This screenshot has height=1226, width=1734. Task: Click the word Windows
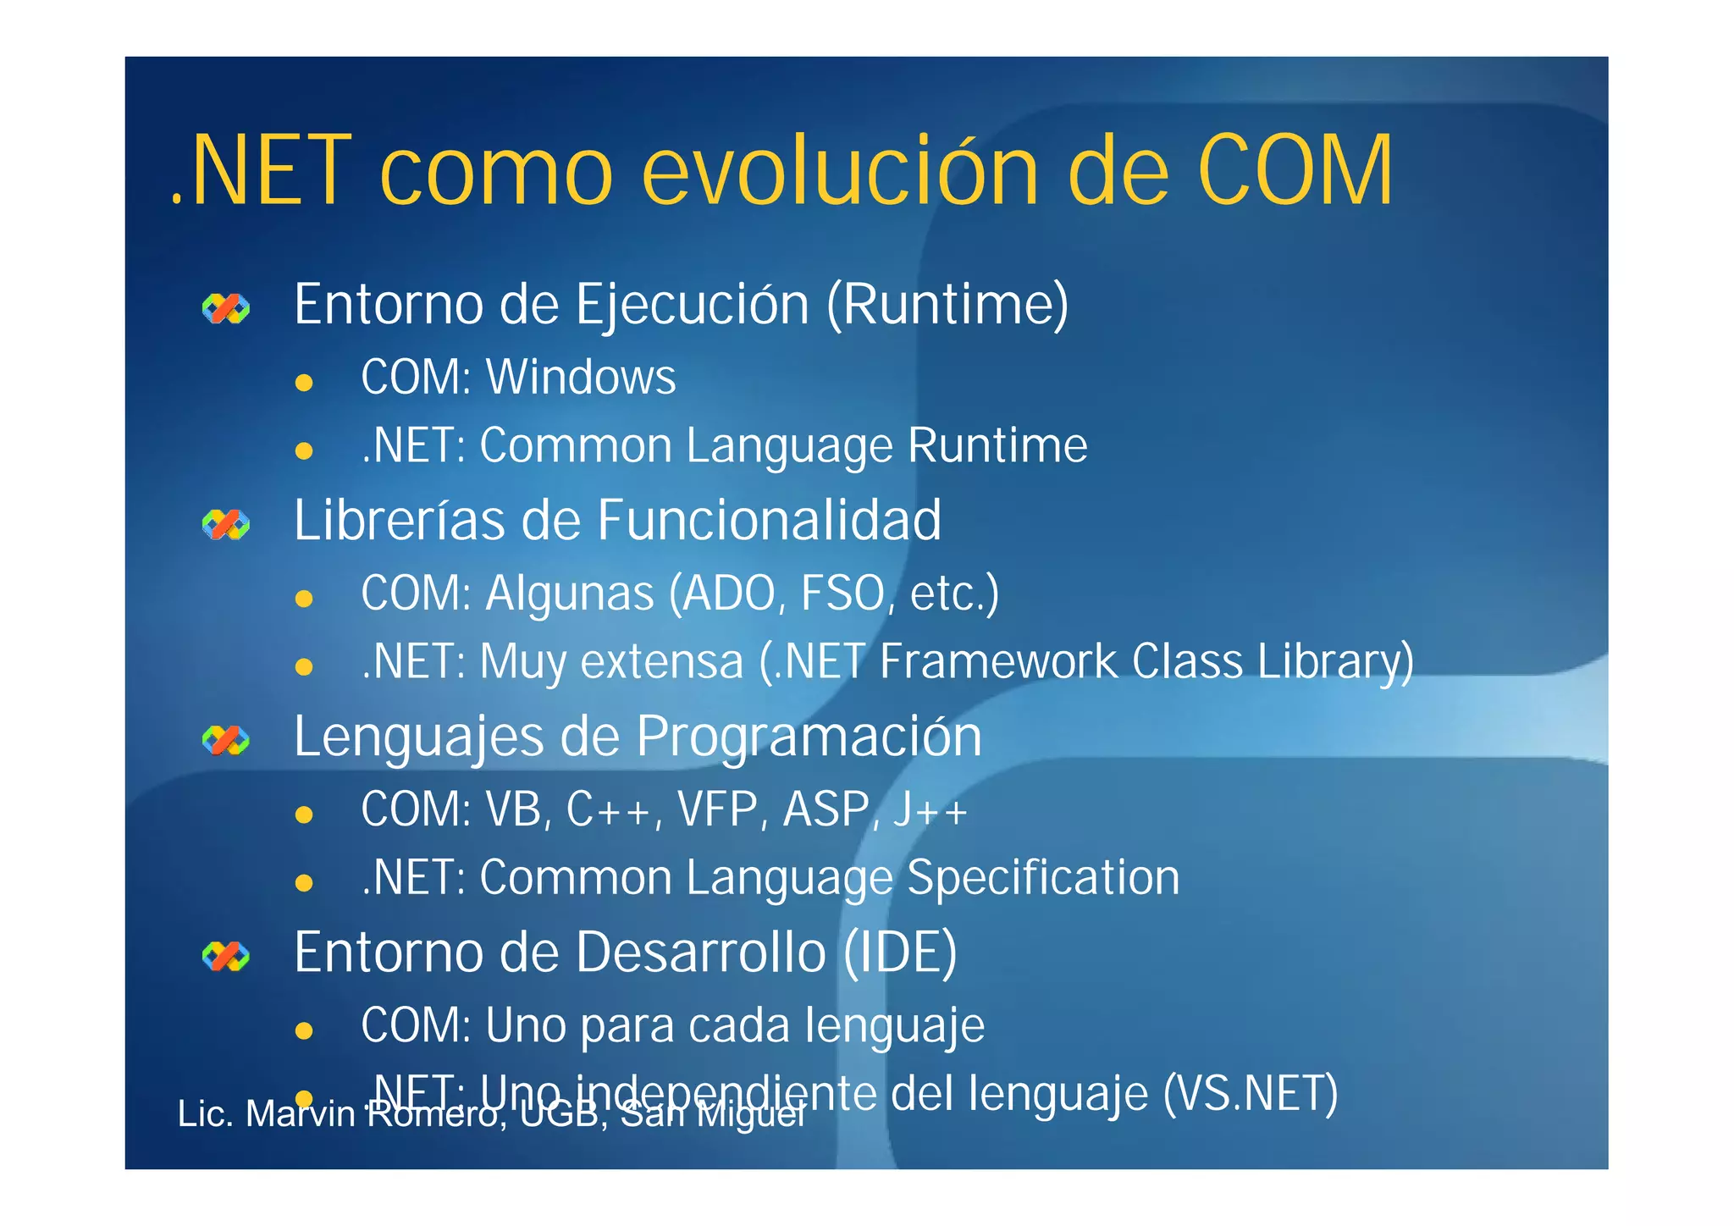click(581, 378)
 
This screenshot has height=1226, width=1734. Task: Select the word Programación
click(809, 737)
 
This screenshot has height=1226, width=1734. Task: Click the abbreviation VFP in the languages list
click(717, 809)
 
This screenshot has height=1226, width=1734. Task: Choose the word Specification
click(1043, 878)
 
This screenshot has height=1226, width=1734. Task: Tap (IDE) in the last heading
click(900, 953)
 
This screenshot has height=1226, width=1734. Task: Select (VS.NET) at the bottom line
click(1250, 1093)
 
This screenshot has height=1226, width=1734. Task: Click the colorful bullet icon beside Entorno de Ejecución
click(226, 309)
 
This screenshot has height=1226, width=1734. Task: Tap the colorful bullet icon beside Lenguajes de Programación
click(226, 741)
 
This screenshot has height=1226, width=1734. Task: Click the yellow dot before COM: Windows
click(304, 383)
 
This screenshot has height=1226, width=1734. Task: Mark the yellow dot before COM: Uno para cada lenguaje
click(304, 1030)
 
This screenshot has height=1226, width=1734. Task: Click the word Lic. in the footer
click(205, 1114)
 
